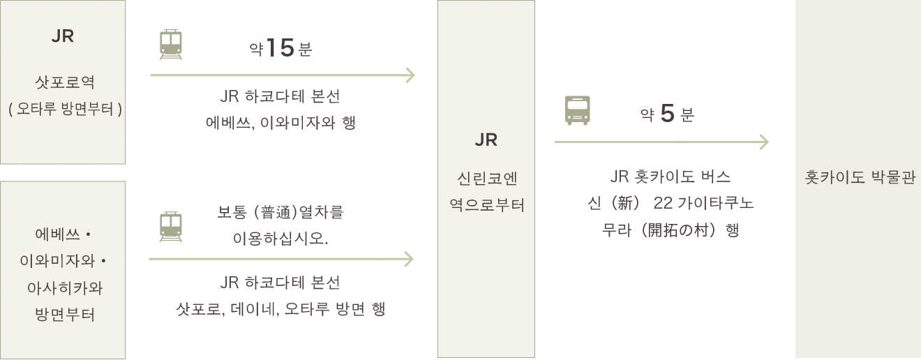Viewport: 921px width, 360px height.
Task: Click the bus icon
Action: click(577, 110)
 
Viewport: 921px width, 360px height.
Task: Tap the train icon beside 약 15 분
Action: click(170, 44)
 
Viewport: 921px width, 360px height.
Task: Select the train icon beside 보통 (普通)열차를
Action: click(170, 227)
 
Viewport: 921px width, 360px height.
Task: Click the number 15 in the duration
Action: click(280, 49)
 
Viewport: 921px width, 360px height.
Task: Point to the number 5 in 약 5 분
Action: click(667, 114)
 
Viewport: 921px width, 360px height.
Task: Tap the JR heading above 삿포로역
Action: click(63, 37)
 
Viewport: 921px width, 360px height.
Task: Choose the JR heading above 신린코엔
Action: click(486, 140)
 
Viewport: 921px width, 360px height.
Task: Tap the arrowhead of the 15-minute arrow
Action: click(410, 75)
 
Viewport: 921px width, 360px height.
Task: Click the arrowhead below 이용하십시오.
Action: click(409, 260)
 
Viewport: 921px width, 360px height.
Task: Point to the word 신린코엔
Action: click(486, 179)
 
